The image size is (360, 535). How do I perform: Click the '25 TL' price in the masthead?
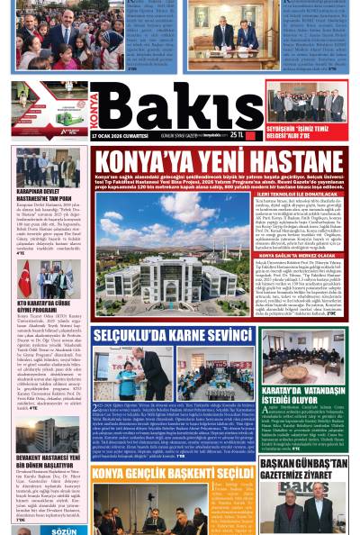pos(236,133)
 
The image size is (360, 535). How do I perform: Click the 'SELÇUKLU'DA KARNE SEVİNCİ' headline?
pos(160,336)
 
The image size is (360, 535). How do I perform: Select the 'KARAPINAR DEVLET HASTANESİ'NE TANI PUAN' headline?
pos(47,195)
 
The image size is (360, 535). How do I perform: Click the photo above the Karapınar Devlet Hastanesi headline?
pos(48,167)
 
